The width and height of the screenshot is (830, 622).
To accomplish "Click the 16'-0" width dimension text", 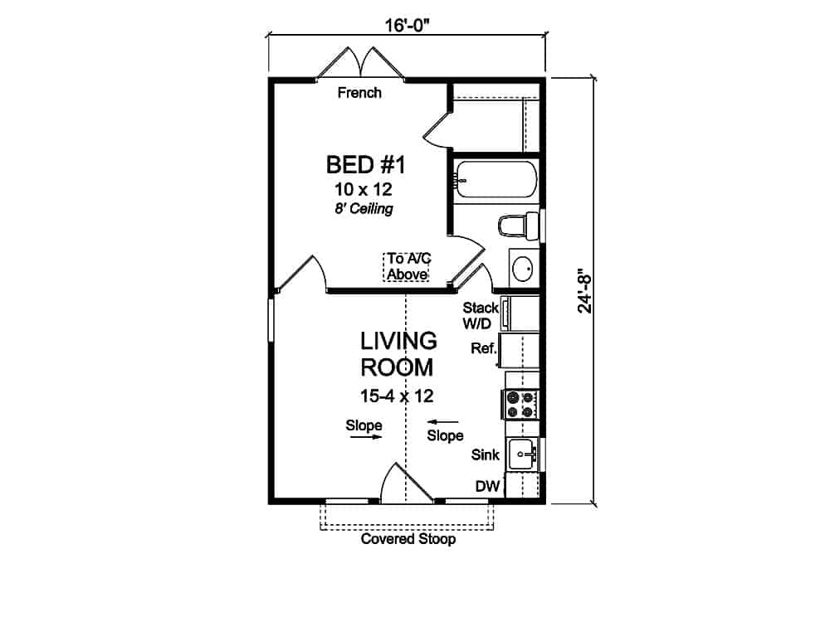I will click(x=406, y=24).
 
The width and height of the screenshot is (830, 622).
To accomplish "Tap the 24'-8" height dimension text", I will click(x=585, y=290).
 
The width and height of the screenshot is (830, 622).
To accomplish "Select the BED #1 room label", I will click(x=365, y=165).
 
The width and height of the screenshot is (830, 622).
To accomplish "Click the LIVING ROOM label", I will click(x=398, y=354).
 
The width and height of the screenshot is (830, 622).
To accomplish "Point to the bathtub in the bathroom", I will click(x=496, y=179).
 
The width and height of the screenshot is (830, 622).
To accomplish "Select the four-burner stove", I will click(x=520, y=404).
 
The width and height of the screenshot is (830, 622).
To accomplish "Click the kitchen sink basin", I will click(x=523, y=453).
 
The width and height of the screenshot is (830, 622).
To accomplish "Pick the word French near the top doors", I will click(x=359, y=93).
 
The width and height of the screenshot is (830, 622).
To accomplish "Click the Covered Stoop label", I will click(x=408, y=540).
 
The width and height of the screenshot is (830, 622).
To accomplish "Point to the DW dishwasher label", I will click(x=486, y=487).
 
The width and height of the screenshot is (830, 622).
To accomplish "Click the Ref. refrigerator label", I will click(x=482, y=348).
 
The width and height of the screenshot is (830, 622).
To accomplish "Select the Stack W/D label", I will click(x=480, y=315).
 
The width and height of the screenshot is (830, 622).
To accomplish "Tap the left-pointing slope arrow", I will click(x=445, y=422).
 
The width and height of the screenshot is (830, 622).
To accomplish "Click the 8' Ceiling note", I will click(x=365, y=209).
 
